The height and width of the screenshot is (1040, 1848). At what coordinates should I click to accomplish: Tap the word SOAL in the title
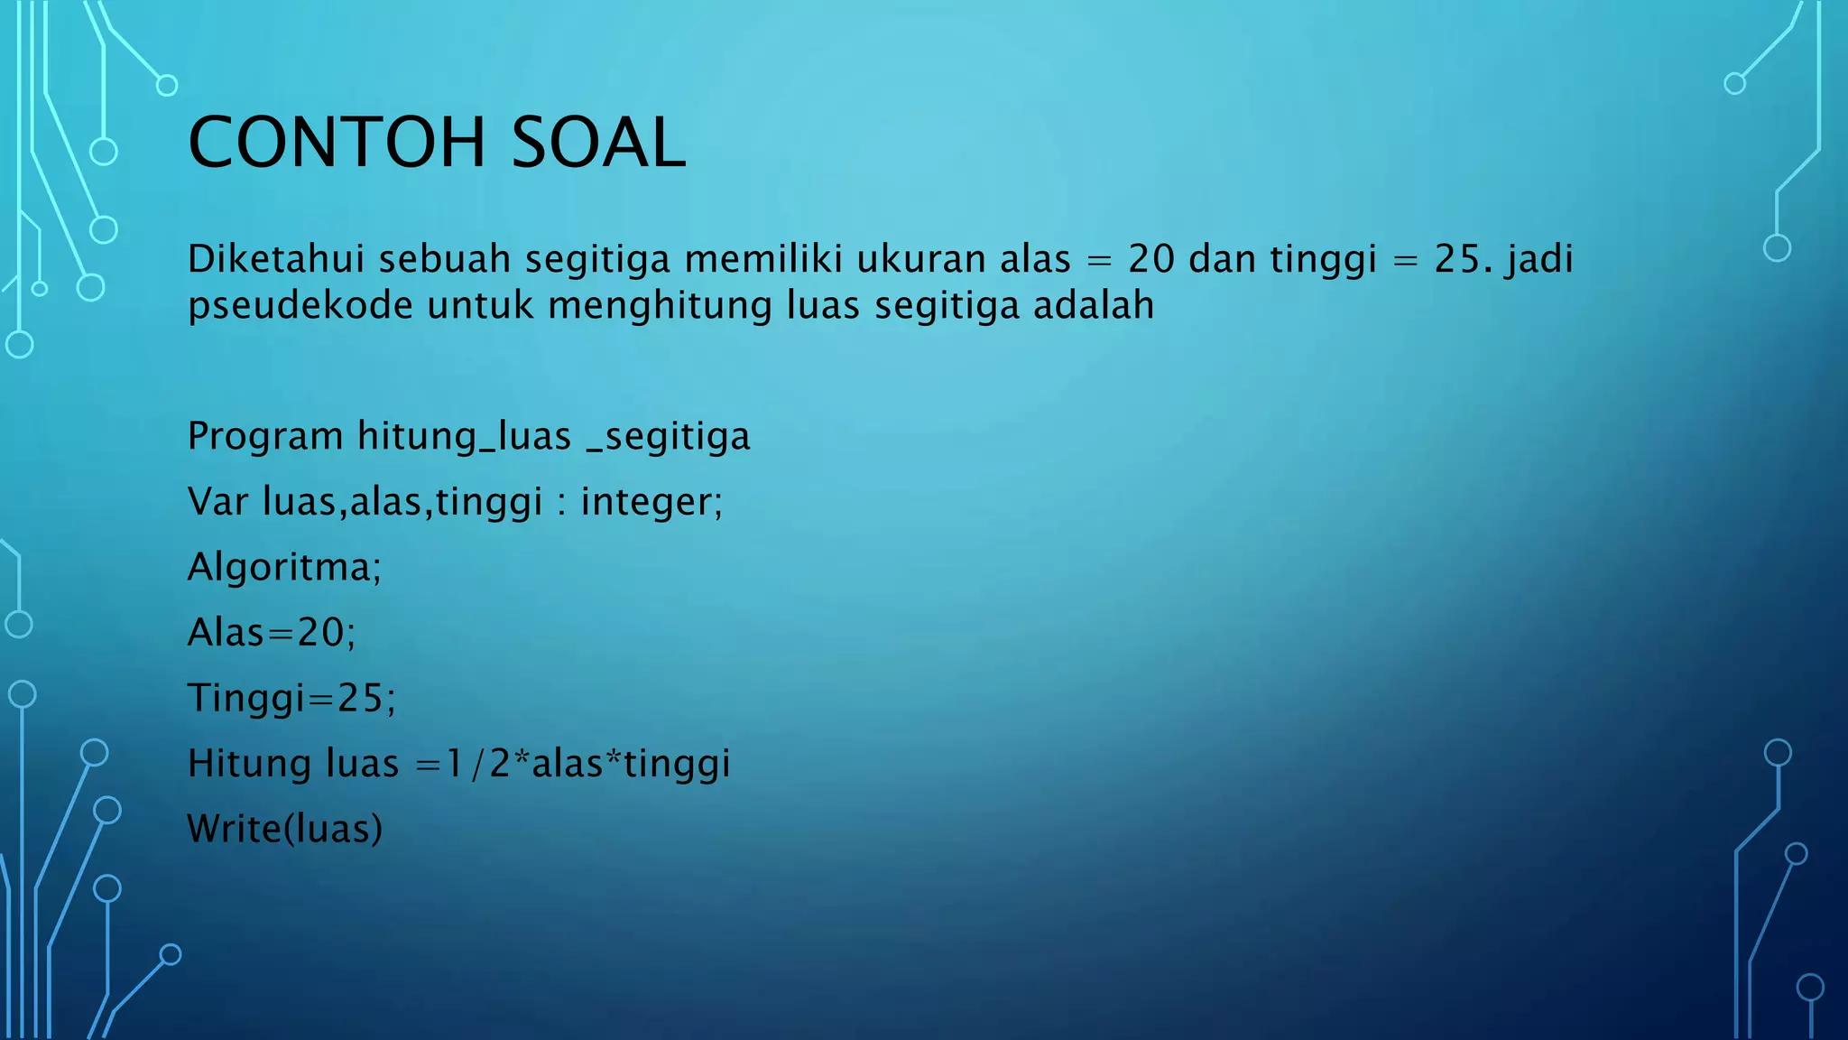(x=598, y=143)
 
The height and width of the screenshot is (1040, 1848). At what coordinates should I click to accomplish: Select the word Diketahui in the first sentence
(x=275, y=259)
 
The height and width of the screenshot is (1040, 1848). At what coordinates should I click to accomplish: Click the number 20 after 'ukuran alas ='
(x=1151, y=259)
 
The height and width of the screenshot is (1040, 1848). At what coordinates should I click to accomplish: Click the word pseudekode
(x=300, y=306)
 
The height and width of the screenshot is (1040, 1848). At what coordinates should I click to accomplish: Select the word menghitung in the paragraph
(x=661, y=306)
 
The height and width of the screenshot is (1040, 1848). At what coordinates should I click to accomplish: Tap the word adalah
(x=1094, y=306)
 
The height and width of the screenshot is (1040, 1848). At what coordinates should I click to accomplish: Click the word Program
(x=265, y=436)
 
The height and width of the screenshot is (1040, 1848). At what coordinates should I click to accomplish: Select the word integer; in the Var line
(x=651, y=502)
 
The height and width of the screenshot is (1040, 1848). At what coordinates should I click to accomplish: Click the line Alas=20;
(x=272, y=633)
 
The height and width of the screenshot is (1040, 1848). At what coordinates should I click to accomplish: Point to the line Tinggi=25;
(x=291, y=698)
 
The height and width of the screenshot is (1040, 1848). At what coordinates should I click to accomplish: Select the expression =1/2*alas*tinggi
(x=572, y=764)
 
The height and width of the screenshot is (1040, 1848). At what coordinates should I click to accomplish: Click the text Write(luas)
(x=285, y=829)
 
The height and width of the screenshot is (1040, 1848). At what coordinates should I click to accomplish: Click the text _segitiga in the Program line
(x=668, y=436)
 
